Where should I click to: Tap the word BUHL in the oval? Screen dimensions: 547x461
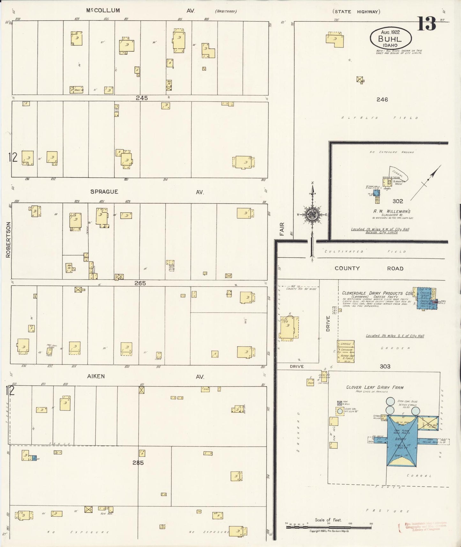point(390,39)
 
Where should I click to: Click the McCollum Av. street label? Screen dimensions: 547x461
point(103,11)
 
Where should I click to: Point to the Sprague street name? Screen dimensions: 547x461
point(104,192)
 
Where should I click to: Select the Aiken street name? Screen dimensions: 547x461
point(96,376)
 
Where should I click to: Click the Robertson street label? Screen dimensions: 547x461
point(8,239)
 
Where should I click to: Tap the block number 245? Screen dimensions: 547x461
point(142,98)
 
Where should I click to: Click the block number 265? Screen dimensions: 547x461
point(140,283)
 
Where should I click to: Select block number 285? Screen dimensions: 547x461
point(138,463)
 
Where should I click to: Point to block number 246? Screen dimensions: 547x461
point(382,100)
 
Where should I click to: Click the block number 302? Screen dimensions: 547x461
point(398,201)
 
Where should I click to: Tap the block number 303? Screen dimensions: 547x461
point(385,366)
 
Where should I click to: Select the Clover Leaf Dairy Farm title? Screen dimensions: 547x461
point(375,387)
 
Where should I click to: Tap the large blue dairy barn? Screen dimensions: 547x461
point(402,442)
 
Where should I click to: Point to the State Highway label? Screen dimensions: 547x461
point(356,12)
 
